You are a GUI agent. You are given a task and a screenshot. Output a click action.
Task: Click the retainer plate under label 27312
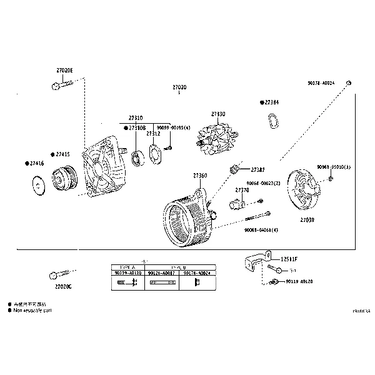pyautogui.click(x=154, y=152)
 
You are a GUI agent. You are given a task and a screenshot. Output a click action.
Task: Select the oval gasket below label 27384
pyautogui.click(x=272, y=122)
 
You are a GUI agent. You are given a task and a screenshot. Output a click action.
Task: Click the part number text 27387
pyautogui.click(x=257, y=169)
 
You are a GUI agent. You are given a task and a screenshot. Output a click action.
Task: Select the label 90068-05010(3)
pyautogui.click(x=333, y=167)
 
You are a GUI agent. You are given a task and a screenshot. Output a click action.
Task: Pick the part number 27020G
pyautogui.click(x=63, y=286)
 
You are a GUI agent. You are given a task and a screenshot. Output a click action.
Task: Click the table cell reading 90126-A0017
pyautogui.click(x=163, y=272)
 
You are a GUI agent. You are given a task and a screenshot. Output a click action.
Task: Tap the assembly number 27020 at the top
pyautogui.click(x=179, y=87)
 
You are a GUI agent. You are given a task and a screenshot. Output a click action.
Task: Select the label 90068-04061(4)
pyautogui.click(x=261, y=230)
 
